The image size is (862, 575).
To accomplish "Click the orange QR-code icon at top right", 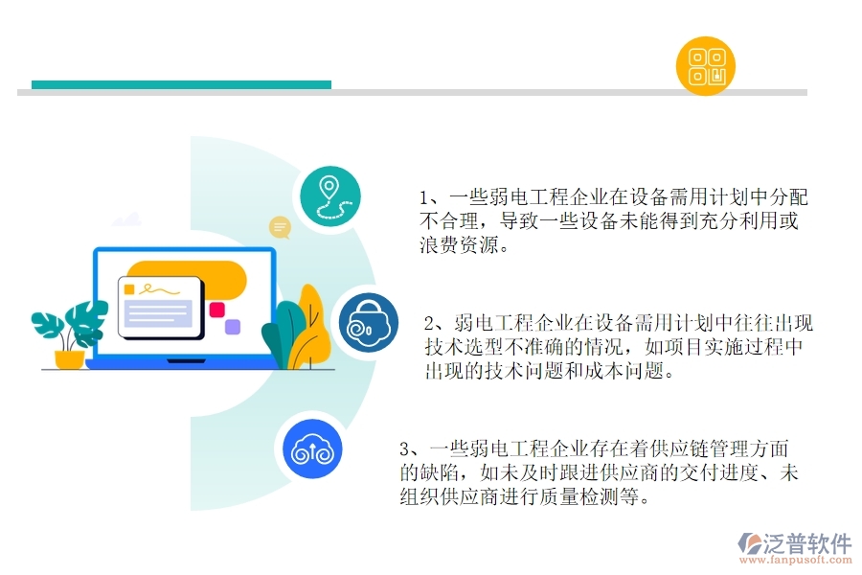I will tap(706, 65).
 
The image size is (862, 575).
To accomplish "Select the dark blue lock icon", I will tap(368, 322).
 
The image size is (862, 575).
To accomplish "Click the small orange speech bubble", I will tap(281, 227).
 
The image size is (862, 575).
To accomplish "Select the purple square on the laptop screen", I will tap(232, 327).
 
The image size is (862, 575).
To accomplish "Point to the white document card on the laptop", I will tap(160, 306).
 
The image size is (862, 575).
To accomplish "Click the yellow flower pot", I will tap(69, 359).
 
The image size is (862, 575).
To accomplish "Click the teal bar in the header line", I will tap(181, 84).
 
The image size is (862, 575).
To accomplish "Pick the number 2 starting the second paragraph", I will tap(431, 323).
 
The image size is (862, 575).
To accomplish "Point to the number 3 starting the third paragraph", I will tap(405, 448).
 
